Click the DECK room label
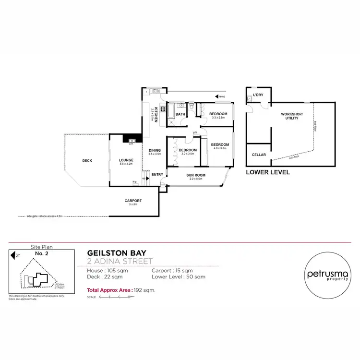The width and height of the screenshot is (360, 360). pyautogui.click(x=87, y=161)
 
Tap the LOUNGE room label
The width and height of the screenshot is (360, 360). pyautogui.click(x=126, y=160)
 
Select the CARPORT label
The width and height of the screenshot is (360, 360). pyautogui.click(x=132, y=201)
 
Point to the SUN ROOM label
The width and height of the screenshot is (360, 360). pyautogui.click(x=196, y=175)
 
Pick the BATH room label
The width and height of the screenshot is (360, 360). pyautogui.click(x=180, y=114)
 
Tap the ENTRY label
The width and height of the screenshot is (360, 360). pyautogui.click(x=157, y=174)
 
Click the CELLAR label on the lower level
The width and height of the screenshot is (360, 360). pyautogui.click(x=259, y=155)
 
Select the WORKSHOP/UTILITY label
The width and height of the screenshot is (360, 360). pyautogui.click(x=290, y=116)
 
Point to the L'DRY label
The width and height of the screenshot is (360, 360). pyautogui.click(x=258, y=95)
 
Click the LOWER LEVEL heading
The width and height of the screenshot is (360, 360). pyautogui.click(x=267, y=172)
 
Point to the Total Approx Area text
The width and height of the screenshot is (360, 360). pyautogui.click(x=120, y=290)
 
